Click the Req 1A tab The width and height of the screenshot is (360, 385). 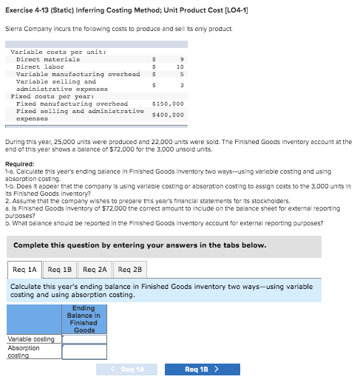pos(26,270)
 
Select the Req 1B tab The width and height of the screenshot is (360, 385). pos(60,270)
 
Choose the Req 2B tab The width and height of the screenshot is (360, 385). pos(130,270)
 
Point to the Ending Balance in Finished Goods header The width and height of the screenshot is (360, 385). pos(84,318)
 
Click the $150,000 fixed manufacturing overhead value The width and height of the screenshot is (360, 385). pos(168,103)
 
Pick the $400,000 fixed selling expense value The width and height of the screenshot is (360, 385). pos(168,115)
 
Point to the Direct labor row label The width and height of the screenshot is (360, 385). pos(40,67)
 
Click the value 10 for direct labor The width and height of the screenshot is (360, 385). pos(179,67)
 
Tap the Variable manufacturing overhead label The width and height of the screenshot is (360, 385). pos(78,74)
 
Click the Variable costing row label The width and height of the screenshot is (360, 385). pos(30,339)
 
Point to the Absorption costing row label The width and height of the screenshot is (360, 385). pos(24,351)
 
